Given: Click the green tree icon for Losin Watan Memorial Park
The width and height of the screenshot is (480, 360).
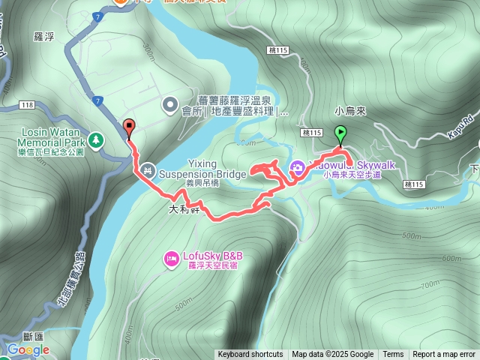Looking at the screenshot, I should pyautogui.click(x=95, y=139).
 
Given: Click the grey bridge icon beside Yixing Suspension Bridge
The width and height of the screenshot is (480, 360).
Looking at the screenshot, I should pyautogui.click(x=147, y=171).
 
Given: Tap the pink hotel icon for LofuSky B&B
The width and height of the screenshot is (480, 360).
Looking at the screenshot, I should pyautogui.click(x=170, y=259).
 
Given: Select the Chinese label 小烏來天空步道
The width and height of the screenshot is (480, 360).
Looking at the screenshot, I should pyautogui.click(x=352, y=174).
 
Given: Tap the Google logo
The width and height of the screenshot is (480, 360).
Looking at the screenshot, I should pyautogui.click(x=28, y=349).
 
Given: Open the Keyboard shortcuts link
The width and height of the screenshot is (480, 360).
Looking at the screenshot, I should pyautogui.click(x=250, y=355).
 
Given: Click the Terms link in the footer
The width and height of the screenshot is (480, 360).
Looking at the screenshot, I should pyautogui.click(x=393, y=355).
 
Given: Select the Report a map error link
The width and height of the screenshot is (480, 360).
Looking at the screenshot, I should pyautogui.click(x=445, y=355).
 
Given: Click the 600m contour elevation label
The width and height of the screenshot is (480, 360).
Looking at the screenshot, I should pyautogui.click(x=452, y=259).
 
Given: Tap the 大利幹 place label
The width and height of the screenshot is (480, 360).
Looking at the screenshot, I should pyautogui.click(x=184, y=210).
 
